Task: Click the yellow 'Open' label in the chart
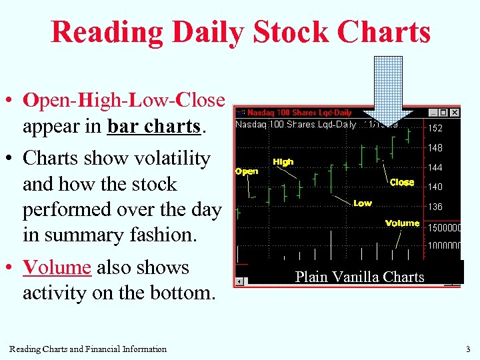pos(247,171)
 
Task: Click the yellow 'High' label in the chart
pos(283,162)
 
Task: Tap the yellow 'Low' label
pos(363,203)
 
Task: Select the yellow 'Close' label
pos(402,182)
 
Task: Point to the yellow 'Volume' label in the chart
pos(402,223)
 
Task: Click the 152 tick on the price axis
pos(435,128)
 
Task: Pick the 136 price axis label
pos(435,207)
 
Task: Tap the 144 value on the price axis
pos(435,168)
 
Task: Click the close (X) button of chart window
pos(455,113)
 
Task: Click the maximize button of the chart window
pos(444,113)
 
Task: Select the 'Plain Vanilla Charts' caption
pos(359,277)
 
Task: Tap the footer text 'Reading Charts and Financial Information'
pos(88,349)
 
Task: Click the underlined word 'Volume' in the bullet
pos(57,267)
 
